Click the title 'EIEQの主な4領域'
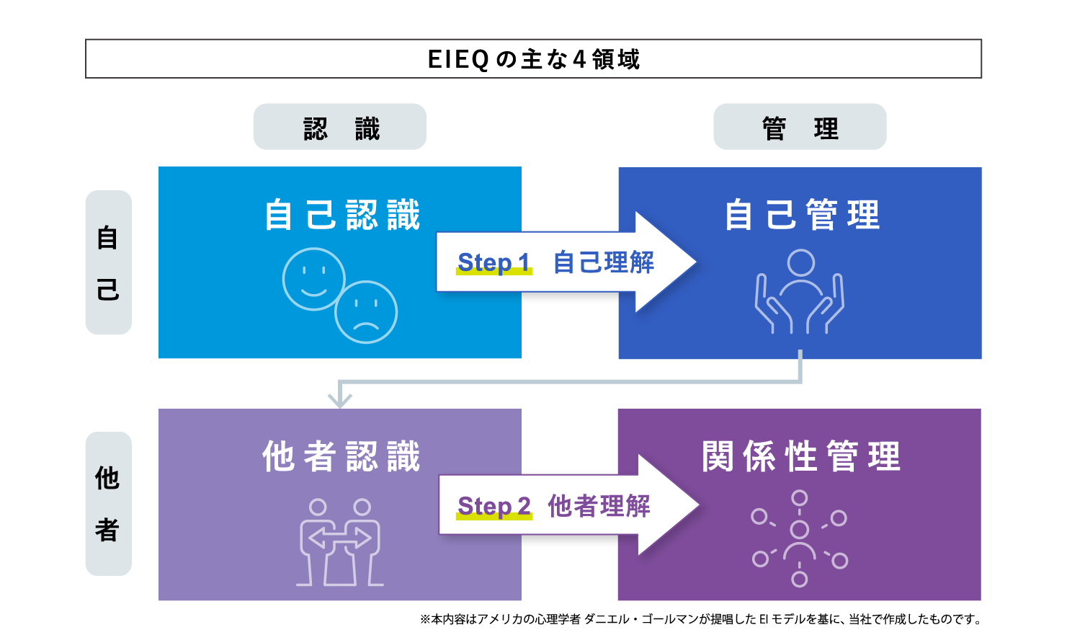(533, 59)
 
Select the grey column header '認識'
(340, 128)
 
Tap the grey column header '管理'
(800, 128)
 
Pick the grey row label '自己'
(108, 262)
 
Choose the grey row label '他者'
(108, 504)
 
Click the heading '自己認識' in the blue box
(341, 215)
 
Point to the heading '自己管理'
(801, 215)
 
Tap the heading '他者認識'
(341, 456)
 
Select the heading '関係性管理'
(800, 456)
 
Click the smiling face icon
(313, 279)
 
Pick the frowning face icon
(366, 312)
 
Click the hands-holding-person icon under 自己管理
(800, 292)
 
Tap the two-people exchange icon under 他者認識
(339, 541)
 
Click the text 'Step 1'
(494, 262)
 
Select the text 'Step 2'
(494, 506)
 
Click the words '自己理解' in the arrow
(604, 262)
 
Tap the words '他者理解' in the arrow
(599, 506)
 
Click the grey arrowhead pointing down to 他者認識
(340, 399)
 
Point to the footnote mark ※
(425, 619)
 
